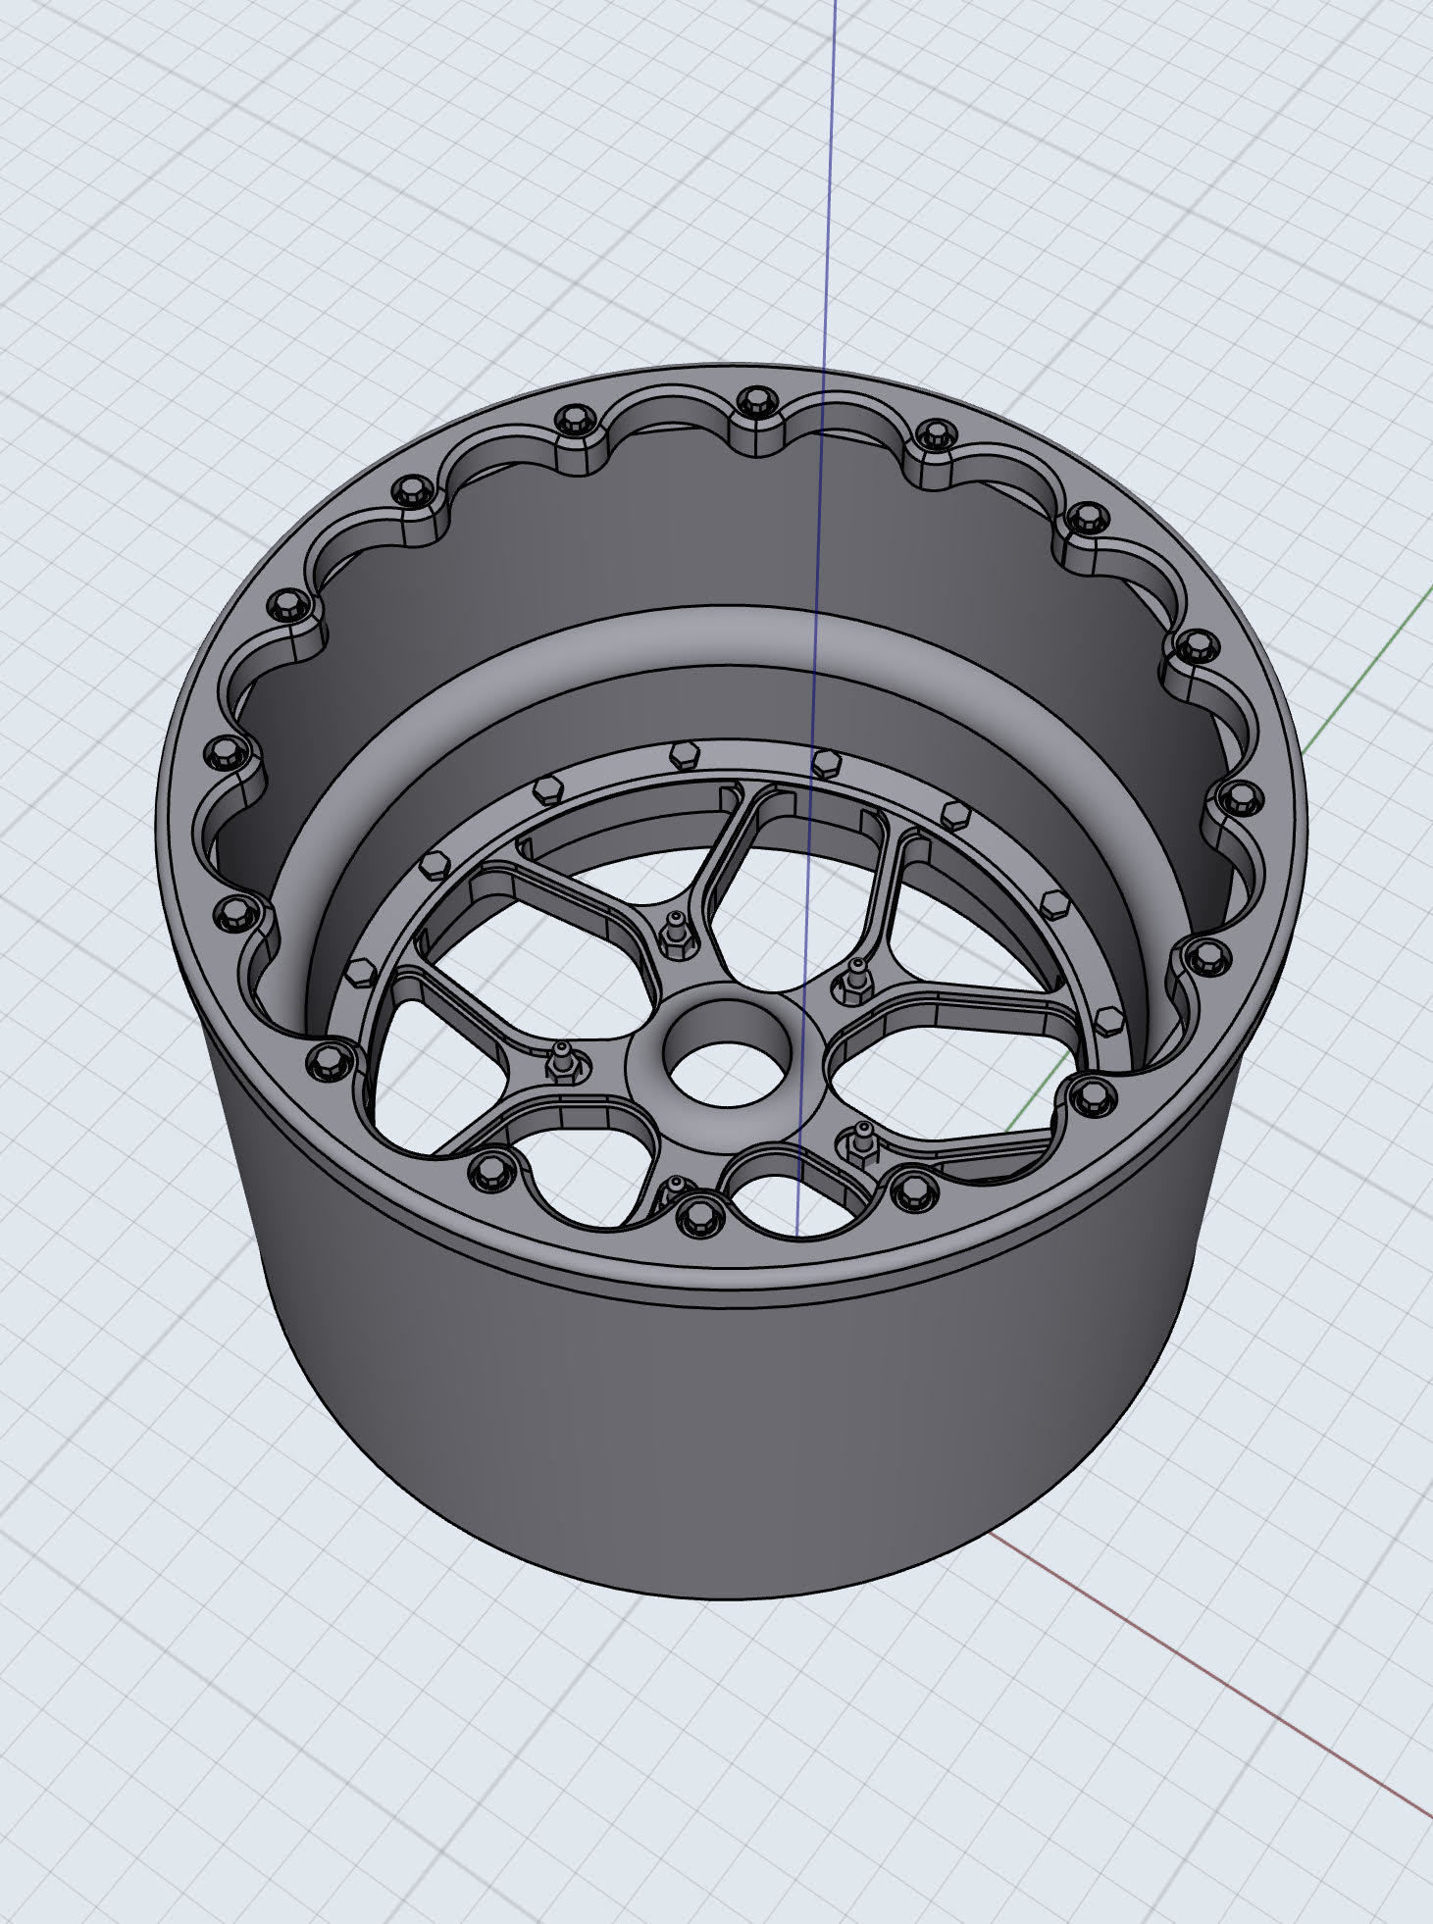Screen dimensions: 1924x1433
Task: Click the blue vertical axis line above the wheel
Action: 830,196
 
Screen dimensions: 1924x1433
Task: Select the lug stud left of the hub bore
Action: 562,1059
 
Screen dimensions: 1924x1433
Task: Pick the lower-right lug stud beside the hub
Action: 863,1138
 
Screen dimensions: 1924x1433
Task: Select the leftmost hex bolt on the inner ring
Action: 357,973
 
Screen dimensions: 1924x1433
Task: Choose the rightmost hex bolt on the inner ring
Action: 1105,1016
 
